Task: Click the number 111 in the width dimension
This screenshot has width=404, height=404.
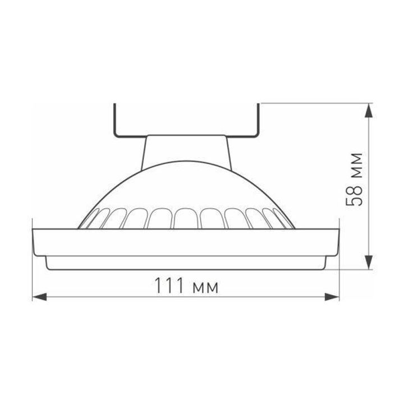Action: (x=169, y=287)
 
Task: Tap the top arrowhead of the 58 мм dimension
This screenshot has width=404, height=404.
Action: (x=368, y=109)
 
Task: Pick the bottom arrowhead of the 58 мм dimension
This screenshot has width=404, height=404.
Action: (x=368, y=263)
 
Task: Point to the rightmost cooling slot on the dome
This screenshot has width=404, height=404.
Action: (x=286, y=222)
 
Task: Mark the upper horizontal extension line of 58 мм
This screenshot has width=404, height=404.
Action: (x=314, y=103)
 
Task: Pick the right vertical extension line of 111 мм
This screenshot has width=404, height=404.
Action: (x=340, y=281)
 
